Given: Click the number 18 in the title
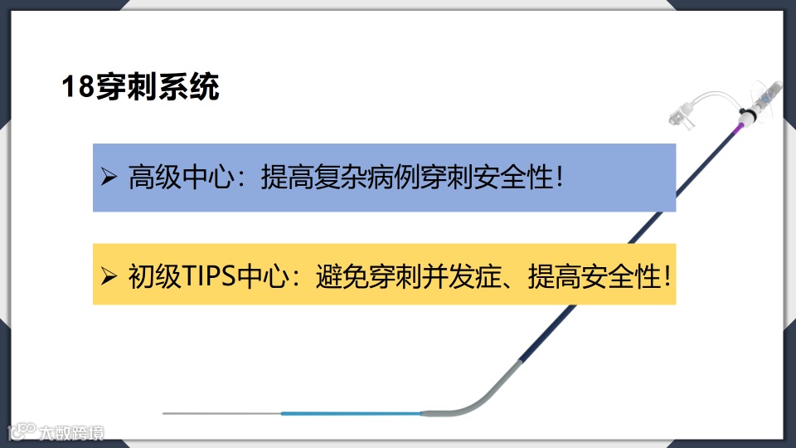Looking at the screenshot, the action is (x=79, y=87).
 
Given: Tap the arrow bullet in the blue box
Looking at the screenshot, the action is (x=109, y=177).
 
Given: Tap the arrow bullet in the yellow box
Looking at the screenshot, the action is (x=109, y=275).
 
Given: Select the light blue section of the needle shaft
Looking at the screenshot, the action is (x=348, y=413).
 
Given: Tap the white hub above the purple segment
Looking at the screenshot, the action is (x=748, y=118).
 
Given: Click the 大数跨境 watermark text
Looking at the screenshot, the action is (x=73, y=432).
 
